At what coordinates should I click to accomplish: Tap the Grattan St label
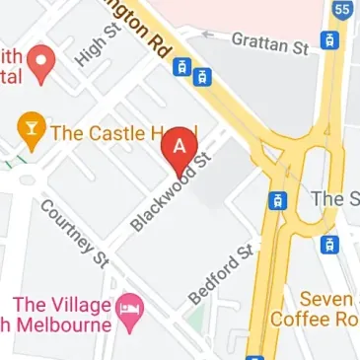(x=268, y=42)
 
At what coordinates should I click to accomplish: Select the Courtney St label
(x=74, y=234)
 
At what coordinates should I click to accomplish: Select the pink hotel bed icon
(x=130, y=310)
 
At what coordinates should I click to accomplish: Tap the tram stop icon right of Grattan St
(x=329, y=41)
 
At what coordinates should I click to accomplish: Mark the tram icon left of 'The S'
(x=279, y=200)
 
